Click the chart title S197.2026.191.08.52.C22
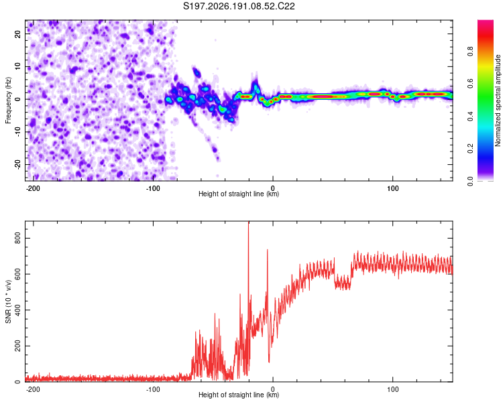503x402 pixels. click(239, 6)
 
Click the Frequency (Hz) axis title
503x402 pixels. click(8, 100)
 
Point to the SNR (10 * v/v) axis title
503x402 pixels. click(8, 301)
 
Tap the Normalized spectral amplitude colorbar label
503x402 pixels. click(498, 100)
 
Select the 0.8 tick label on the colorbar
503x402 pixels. click(470, 52)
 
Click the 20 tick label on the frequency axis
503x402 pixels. click(17, 34)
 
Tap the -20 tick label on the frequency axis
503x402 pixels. click(17, 164)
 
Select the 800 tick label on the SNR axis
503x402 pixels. click(17, 239)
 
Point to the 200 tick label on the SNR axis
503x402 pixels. click(17, 346)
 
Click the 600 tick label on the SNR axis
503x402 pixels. click(17, 274)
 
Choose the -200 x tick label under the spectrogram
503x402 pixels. click(32, 188)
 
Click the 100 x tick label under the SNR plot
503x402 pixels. click(392, 389)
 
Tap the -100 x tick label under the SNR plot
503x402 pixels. click(153, 389)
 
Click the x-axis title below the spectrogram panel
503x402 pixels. click(239, 194)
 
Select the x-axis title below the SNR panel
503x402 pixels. click(239, 395)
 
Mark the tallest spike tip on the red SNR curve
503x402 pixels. click(249, 222)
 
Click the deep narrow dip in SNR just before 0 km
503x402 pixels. click(269, 362)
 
